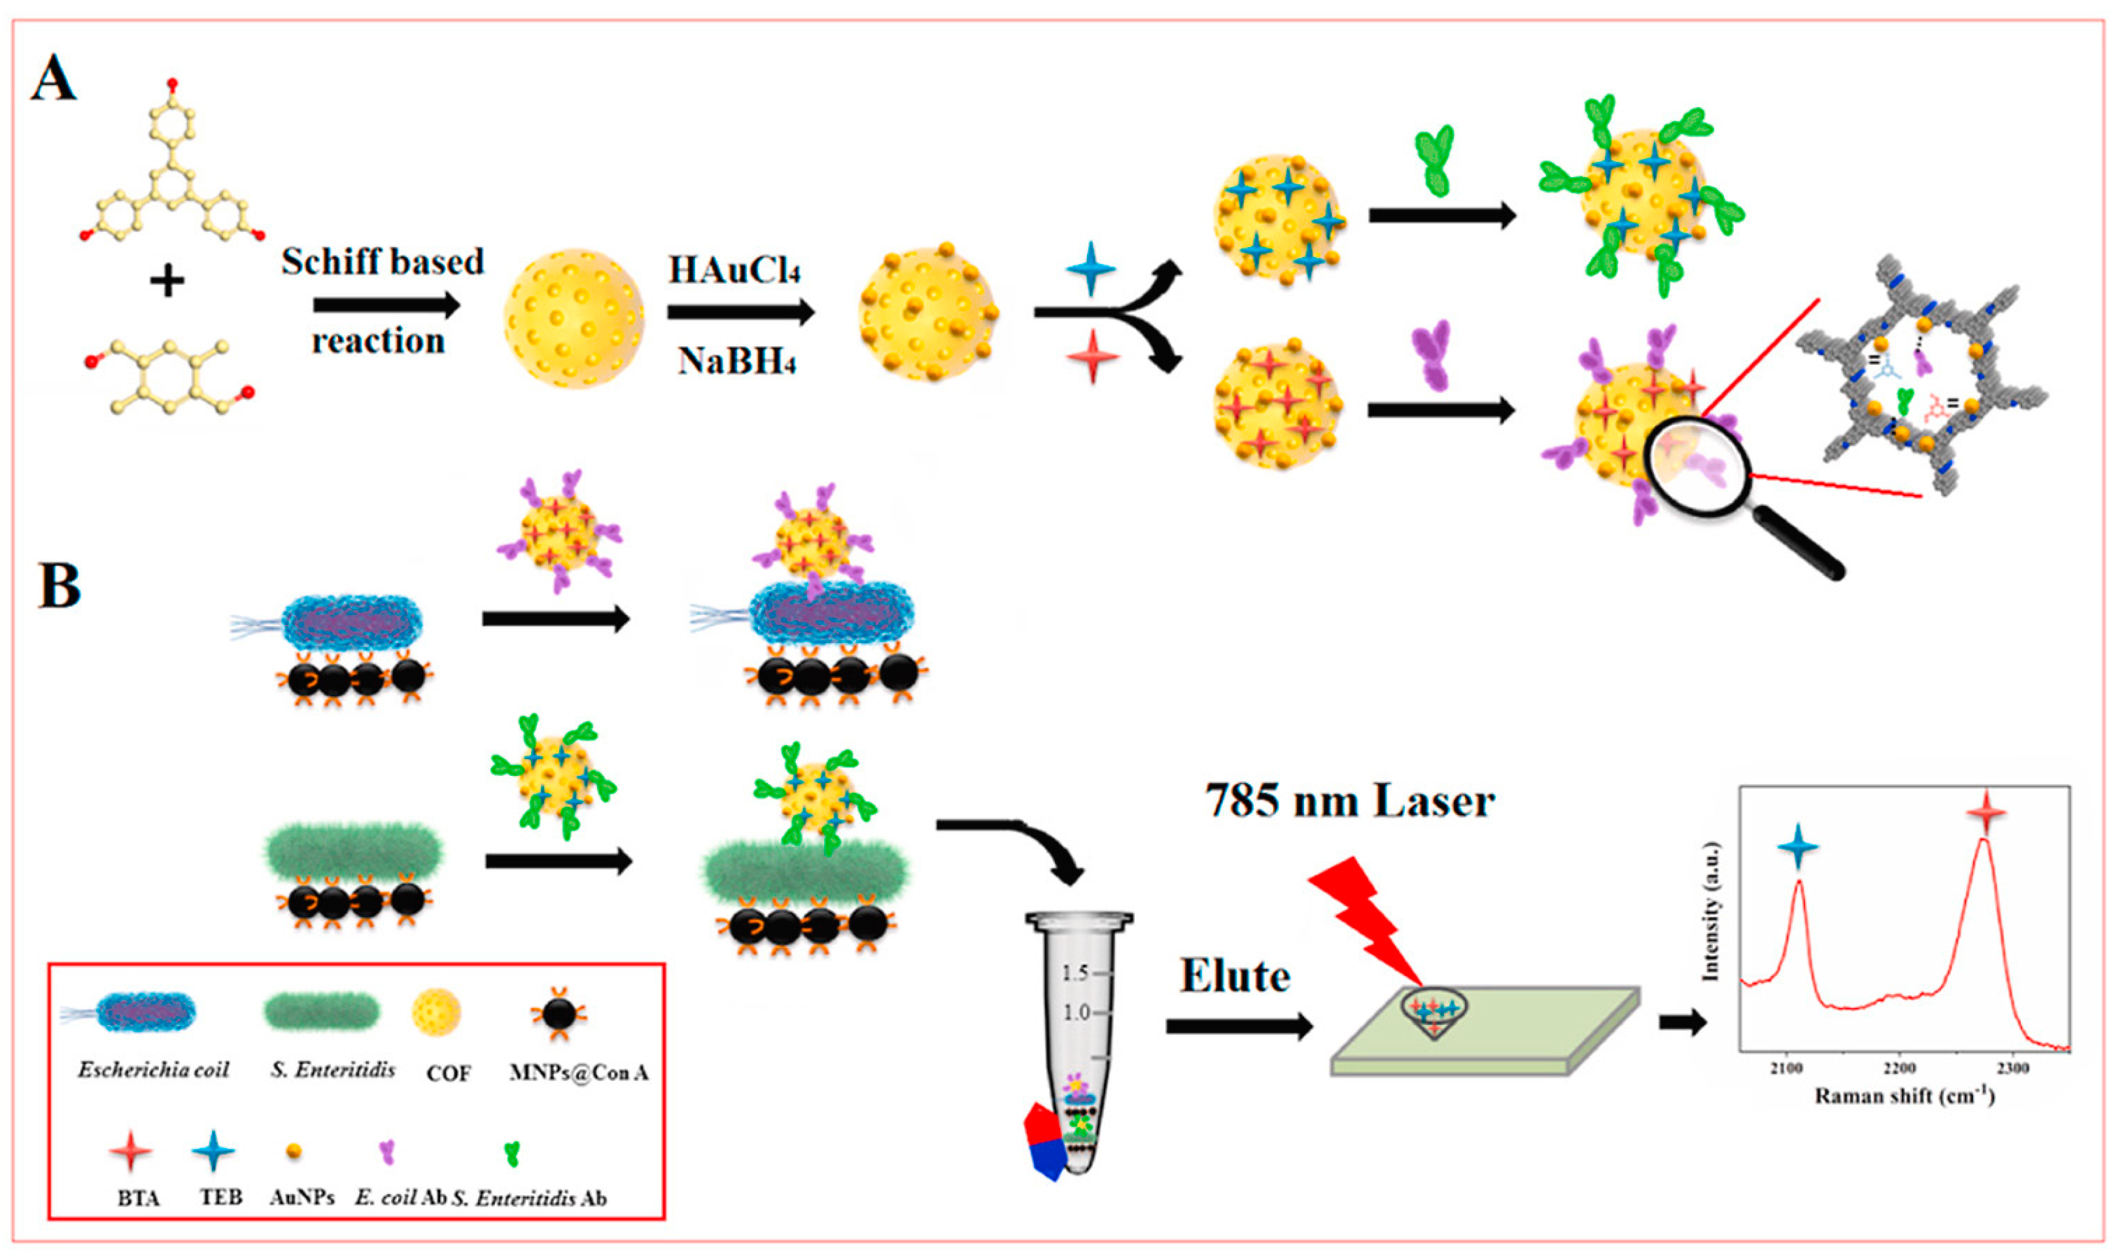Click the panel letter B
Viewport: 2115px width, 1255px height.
click(x=60, y=584)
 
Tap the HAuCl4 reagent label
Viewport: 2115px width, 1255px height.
click(x=734, y=271)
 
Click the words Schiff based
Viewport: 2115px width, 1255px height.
click(x=383, y=261)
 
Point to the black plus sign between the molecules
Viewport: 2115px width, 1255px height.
click(x=167, y=281)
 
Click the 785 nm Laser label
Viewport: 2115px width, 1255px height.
click(x=1349, y=800)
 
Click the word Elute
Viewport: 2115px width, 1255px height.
click(x=1235, y=977)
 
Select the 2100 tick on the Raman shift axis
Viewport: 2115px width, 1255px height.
click(x=1786, y=1068)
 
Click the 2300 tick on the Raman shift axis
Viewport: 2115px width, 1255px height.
click(x=2012, y=1068)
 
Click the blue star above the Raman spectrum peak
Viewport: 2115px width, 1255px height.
click(x=1798, y=846)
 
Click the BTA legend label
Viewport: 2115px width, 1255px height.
click(x=138, y=1198)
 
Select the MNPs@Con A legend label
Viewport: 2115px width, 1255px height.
click(x=579, y=1073)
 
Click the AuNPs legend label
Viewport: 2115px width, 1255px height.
click(x=302, y=1197)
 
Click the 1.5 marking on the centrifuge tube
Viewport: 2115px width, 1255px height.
click(x=1075, y=973)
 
